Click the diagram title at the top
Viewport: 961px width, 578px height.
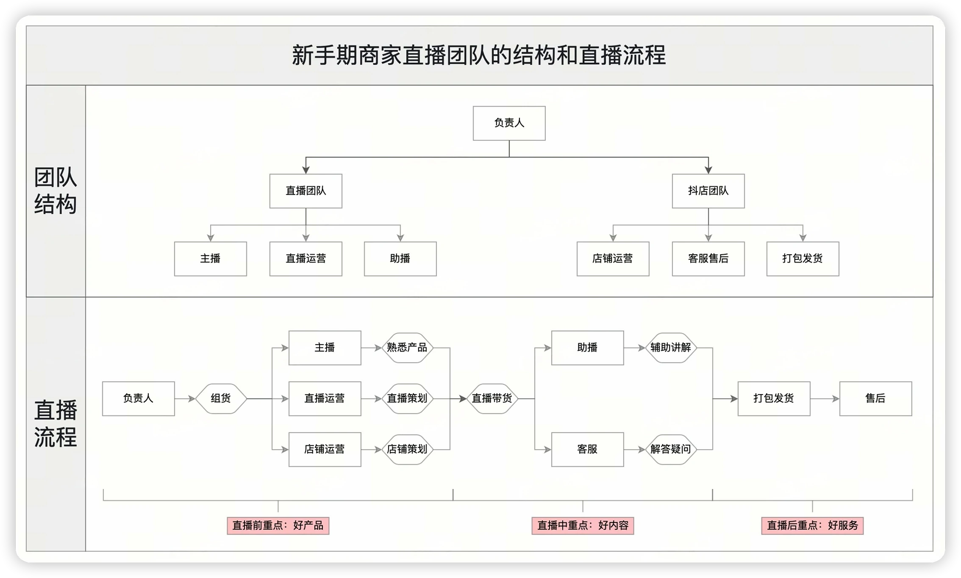pyautogui.click(x=479, y=56)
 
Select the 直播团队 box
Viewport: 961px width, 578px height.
pyautogui.click(x=306, y=191)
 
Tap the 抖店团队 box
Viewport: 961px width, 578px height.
pyautogui.click(x=708, y=191)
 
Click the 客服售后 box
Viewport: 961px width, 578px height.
pyautogui.click(x=708, y=259)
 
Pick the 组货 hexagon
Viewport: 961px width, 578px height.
pyautogui.click(x=221, y=398)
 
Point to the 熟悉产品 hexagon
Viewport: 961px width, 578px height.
pyautogui.click(x=407, y=348)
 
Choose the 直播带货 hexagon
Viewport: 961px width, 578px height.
pyautogui.click(x=492, y=398)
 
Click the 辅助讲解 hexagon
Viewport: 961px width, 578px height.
pyautogui.click(x=671, y=348)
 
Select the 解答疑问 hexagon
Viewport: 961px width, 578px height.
pyautogui.click(x=671, y=449)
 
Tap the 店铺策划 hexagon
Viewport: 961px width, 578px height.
pyautogui.click(x=407, y=449)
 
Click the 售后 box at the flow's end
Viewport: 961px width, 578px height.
pyautogui.click(x=875, y=398)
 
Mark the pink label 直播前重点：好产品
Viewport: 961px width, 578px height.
pyautogui.click(x=278, y=526)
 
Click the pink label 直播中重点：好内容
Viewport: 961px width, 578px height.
pyautogui.click(x=583, y=526)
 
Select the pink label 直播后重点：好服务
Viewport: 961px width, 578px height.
pyautogui.click(x=812, y=526)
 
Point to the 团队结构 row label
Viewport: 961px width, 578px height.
pyautogui.click(x=56, y=191)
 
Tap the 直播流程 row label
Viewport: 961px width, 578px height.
pyautogui.click(x=56, y=424)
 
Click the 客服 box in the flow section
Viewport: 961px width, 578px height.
pyautogui.click(x=587, y=449)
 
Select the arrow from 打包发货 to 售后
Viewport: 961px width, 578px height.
pyautogui.click(x=825, y=399)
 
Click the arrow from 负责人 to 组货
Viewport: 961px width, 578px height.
pyautogui.click(x=185, y=399)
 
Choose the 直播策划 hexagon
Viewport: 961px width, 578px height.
pyautogui.click(x=407, y=398)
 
